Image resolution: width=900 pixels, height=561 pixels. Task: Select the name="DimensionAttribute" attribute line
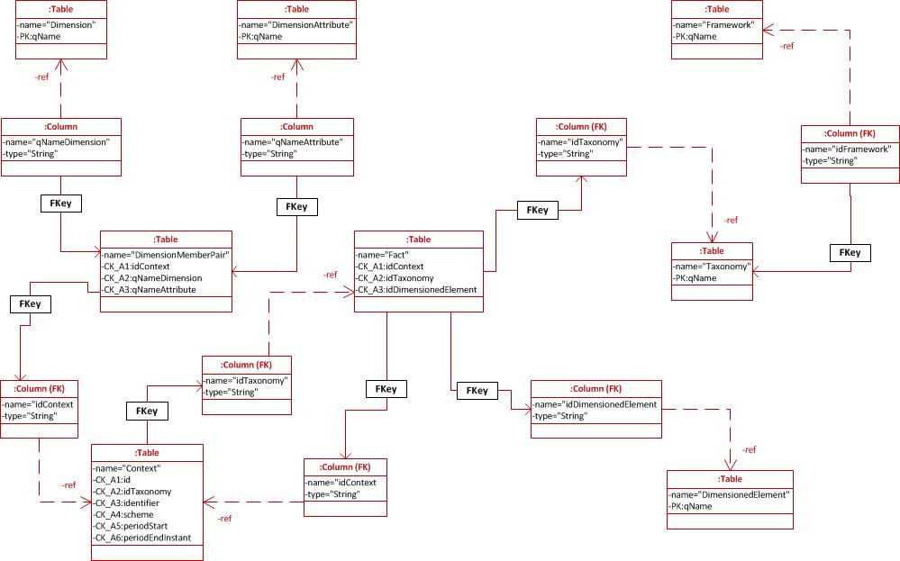click(x=296, y=25)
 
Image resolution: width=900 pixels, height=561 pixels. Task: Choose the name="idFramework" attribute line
click(x=848, y=149)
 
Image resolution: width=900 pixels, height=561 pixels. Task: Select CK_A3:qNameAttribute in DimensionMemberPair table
click(x=150, y=290)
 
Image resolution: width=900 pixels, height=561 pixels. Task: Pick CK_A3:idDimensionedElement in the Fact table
click(x=417, y=290)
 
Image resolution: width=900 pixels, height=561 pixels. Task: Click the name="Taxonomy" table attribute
click(x=712, y=267)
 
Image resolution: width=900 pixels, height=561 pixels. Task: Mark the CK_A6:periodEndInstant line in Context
click(x=148, y=538)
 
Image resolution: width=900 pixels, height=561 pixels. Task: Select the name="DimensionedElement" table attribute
click(x=730, y=494)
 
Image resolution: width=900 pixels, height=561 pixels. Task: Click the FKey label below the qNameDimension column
click(x=61, y=204)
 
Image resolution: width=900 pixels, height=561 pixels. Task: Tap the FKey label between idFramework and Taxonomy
click(x=850, y=253)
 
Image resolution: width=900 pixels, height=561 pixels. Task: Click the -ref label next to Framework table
click(x=786, y=46)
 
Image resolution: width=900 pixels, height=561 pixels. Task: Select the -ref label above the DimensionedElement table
click(x=748, y=449)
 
